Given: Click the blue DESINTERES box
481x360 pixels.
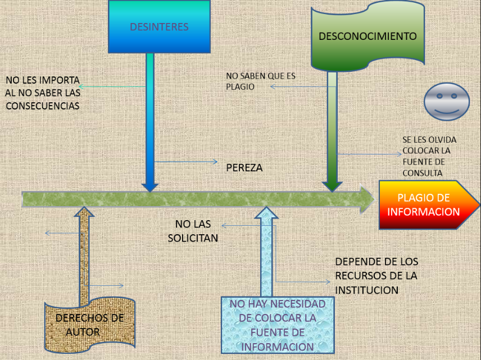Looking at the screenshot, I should pyautogui.click(x=159, y=27).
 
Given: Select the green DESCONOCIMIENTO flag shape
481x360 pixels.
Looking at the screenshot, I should pyautogui.click(x=367, y=37).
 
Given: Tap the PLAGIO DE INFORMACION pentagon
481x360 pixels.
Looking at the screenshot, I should pyautogui.click(x=424, y=205).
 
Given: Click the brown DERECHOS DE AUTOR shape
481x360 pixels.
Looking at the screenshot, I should pyautogui.click(x=90, y=325).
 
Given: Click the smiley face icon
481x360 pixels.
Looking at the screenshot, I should pyautogui.click(x=447, y=102).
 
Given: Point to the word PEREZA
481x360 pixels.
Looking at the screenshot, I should pyautogui.click(x=244, y=168).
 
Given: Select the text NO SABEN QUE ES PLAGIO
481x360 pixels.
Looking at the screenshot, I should pyautogui.click(x=260, y=81).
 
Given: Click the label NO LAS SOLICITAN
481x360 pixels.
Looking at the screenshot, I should pyautogui.click(x=193, y=231).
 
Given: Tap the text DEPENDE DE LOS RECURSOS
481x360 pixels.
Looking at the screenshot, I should pyautogui.click(x=376, y=276).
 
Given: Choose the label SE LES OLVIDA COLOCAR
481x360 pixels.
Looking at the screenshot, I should pyautogui.click(x=429, y=156).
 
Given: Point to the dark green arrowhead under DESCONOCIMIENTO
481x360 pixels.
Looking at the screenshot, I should pyautogui.click(x=332, y=186).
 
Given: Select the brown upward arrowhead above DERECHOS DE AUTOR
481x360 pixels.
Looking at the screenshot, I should pyautogui.click(x=85, y=212).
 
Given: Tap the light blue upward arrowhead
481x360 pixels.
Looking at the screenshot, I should pyautogui.click(x=267, y=213).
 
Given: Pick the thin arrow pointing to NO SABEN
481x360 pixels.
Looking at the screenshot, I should pyautogui.click(x=298, y=86).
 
